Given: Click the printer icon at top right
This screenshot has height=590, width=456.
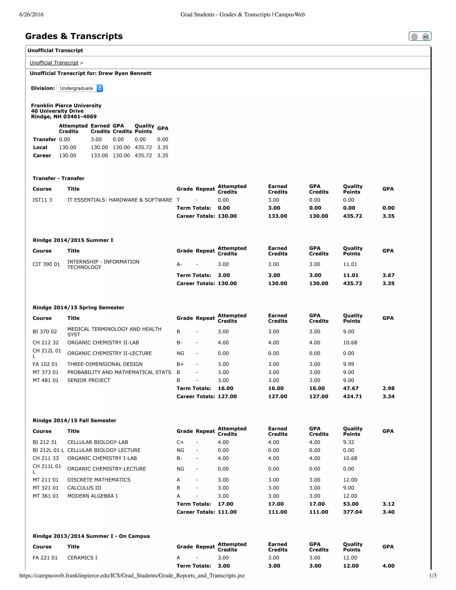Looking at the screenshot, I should (425, 37).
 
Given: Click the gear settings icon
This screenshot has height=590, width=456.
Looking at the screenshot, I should (414, 37).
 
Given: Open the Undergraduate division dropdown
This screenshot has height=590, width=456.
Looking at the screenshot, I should (80, 88).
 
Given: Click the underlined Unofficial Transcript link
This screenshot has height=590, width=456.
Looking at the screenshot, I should (54, 63).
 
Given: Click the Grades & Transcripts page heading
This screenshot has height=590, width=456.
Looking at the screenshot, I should (74, 36).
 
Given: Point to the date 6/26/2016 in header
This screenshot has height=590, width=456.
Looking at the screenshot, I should (31, 15).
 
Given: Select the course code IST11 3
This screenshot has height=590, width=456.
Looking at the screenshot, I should (42, 200).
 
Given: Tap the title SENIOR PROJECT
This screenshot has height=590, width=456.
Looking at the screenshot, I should (89, 380).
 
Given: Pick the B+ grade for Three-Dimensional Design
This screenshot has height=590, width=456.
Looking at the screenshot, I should (180, 364).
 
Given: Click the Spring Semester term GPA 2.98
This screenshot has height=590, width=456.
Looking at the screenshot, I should (388, 388).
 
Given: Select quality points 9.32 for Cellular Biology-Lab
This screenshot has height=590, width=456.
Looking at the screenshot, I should (348, 442).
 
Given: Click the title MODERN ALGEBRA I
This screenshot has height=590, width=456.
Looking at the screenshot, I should (92, 496).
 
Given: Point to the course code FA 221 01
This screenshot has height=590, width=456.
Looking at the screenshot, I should (45, 557).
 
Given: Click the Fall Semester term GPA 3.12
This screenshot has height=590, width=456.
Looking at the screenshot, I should (388, 504).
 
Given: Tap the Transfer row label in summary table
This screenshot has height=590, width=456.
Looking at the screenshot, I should (45, 139).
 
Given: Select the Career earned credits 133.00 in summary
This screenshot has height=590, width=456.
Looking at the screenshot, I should (99, 156).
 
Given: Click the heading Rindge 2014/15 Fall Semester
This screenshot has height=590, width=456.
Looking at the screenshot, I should (74, 420).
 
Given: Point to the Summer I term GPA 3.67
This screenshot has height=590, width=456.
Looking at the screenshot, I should (388, 275).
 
